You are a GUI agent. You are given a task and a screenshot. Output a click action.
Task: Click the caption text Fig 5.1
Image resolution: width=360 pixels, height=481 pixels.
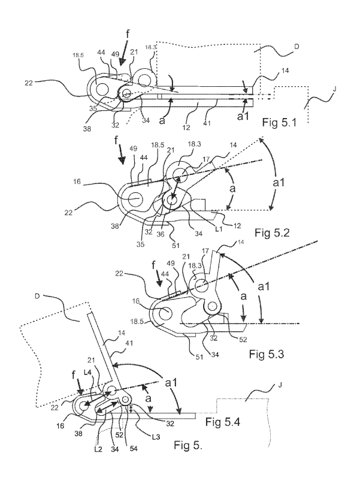(279, 122)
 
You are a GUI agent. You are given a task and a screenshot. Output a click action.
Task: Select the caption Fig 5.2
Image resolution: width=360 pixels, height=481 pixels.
(272, 233)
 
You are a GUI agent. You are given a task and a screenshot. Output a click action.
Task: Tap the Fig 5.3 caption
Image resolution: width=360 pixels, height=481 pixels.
(266, 354)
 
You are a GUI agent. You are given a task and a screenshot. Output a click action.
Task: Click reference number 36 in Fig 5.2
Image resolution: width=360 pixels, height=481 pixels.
(161, 234)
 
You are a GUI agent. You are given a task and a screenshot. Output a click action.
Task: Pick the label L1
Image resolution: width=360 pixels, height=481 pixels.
(219, 228)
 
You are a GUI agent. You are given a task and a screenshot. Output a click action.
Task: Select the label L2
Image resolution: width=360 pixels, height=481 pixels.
(98, 449)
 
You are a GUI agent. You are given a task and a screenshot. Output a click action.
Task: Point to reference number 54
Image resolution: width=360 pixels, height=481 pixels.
(134, 449)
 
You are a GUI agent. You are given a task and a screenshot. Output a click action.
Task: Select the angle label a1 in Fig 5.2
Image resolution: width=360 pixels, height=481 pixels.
(279, 183)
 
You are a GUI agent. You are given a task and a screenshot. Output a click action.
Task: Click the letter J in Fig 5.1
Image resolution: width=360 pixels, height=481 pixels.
(334, 89)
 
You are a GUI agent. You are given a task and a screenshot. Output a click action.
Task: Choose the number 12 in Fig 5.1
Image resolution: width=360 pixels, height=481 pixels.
(186, 128)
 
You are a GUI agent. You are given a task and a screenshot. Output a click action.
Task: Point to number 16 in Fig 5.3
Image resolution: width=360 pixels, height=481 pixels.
(136, 301)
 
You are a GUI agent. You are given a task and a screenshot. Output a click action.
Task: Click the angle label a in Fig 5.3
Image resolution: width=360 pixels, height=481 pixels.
(243, 297)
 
